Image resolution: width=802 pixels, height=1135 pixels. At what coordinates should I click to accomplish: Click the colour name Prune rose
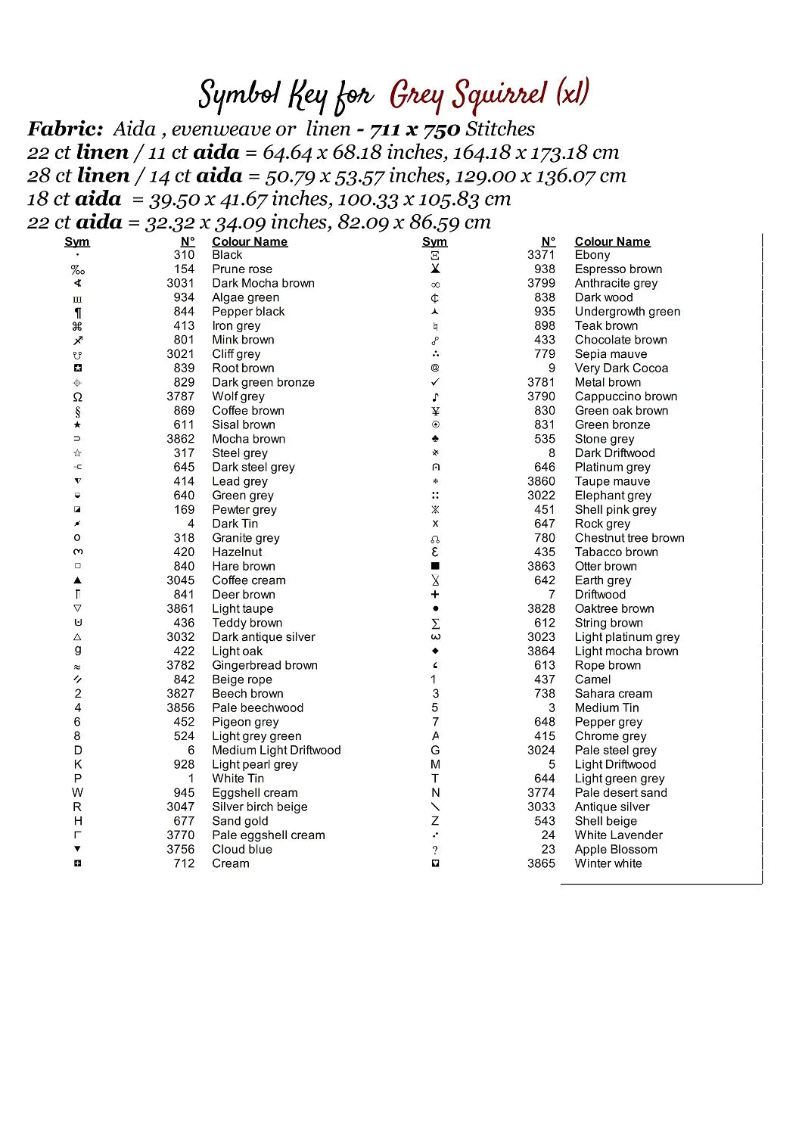(241, 269)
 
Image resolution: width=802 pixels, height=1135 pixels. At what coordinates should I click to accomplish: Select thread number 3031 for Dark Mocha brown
(180, 283)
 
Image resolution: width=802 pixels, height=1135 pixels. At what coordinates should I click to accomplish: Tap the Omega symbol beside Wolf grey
(77, 396)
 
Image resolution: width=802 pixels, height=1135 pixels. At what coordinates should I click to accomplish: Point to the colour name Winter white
(608, 863)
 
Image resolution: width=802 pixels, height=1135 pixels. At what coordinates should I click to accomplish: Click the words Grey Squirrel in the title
(468, 95)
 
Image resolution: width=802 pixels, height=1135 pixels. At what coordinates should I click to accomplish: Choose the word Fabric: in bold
(65, 129)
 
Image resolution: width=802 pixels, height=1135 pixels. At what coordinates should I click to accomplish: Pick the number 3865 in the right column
(541, 863)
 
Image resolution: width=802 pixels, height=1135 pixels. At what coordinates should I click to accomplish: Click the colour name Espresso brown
(618, 269)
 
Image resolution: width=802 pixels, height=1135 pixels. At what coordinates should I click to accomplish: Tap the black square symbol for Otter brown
(435, 566)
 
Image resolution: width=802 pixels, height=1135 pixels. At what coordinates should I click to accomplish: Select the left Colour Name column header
(250, 241)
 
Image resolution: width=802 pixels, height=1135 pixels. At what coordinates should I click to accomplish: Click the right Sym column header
(434, 241)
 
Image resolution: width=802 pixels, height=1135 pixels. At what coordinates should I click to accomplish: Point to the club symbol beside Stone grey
(435, 439)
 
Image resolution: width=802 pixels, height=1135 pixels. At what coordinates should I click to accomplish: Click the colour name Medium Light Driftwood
(276, 750)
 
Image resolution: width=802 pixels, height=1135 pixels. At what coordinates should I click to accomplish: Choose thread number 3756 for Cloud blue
(180, 849)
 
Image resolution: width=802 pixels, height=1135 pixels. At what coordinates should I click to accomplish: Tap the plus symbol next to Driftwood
(435, 595)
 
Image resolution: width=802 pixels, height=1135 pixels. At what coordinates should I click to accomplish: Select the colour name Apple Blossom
(616, 849)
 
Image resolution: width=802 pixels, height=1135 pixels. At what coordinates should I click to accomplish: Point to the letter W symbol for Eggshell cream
(77, 792)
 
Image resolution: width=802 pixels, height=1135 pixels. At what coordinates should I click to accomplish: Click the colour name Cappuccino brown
(626, 396)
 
